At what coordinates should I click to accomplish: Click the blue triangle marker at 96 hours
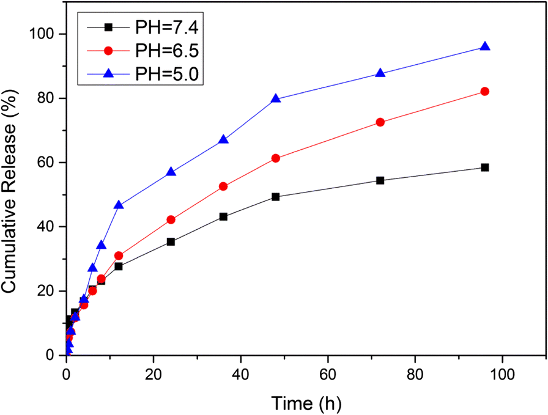tap(485, 47)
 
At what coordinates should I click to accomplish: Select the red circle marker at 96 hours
tap(485, 92)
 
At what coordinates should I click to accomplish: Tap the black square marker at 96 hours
tap(485, 167)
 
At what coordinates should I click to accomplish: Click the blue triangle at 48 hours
tap(276, 98)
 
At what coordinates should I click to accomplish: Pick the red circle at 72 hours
tap(380, 122)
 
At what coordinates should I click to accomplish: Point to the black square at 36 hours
tap(223, 216)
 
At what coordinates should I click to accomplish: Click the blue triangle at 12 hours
tap(119, 205)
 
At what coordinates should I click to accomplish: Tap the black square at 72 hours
tap(380, 180)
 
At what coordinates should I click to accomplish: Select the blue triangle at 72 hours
tap(380, 73)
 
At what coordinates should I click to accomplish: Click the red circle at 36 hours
tap(223, 186)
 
